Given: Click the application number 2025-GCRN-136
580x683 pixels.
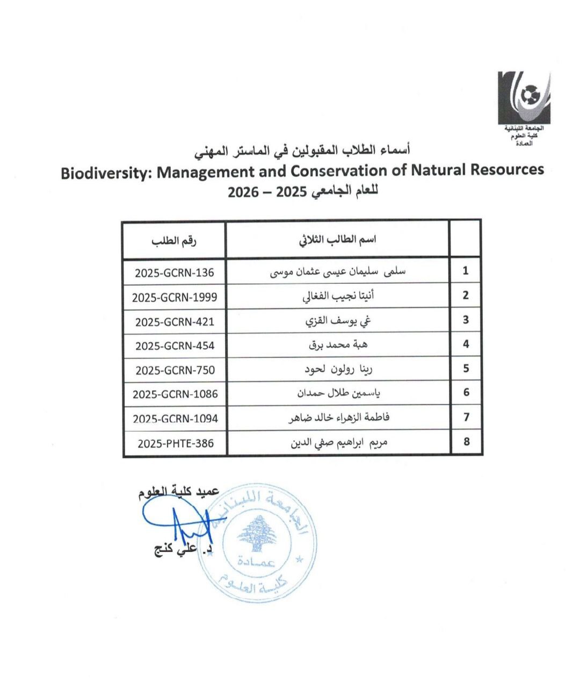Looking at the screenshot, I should [175, 272].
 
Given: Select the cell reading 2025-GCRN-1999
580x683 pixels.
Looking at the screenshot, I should [175, 297].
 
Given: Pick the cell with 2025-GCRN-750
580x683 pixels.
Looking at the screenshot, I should [175, 370].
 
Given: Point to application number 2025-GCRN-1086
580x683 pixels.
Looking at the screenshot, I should [175, 394].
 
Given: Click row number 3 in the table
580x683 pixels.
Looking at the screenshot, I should [466, 320].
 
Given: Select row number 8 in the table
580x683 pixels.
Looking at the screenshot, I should [466, 442].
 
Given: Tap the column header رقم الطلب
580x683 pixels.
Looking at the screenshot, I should [174, 240].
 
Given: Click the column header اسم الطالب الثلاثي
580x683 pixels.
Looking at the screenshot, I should [338, 240].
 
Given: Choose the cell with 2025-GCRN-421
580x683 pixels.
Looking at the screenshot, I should [175, 321].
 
